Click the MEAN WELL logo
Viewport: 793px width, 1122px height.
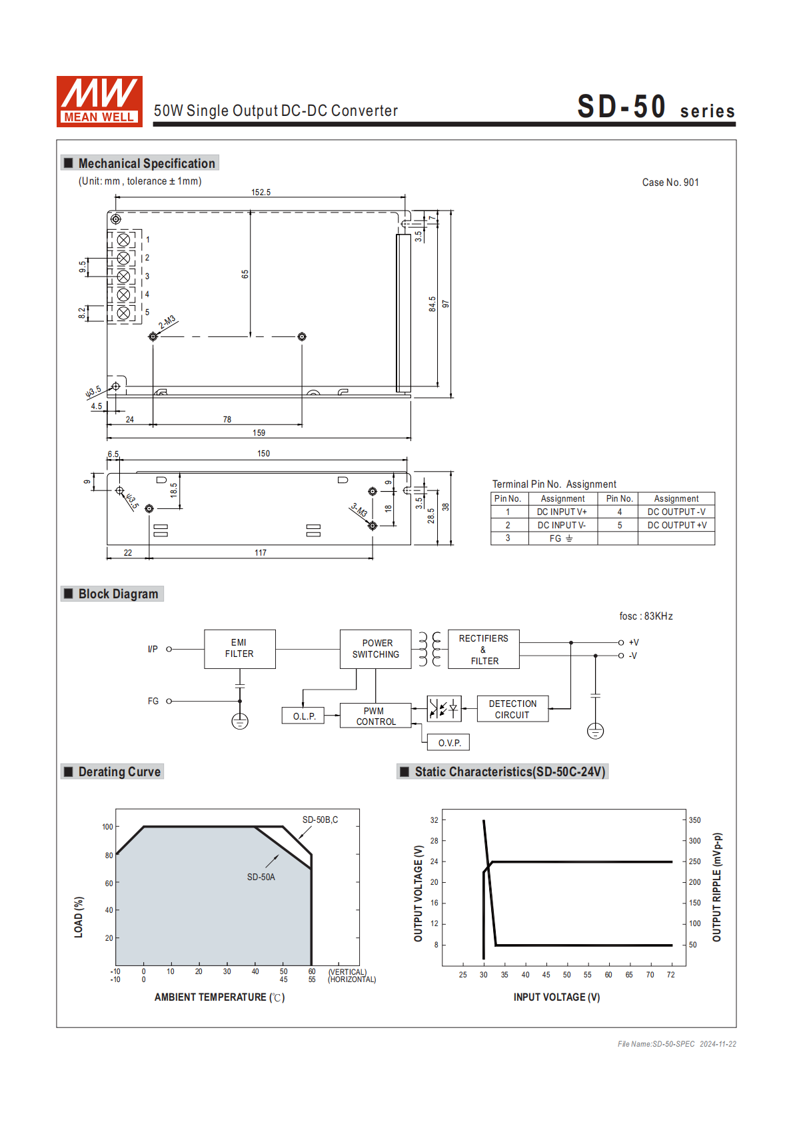coord(99,101)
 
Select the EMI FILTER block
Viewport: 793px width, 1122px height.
coord(239,648)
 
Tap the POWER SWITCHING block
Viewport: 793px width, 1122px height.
coord(375,648)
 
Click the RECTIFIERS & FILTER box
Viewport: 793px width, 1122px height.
coord(484,649)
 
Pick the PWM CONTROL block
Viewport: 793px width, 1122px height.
coord(375,716)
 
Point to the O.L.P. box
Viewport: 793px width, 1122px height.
coord(304,716)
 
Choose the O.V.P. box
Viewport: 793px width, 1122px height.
coord(449,742)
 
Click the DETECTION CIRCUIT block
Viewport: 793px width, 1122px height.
coord(512,709)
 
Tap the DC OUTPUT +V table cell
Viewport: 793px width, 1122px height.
coord(676,525)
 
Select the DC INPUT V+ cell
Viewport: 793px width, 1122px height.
coord(562,512)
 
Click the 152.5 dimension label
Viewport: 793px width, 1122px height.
coord(261,193)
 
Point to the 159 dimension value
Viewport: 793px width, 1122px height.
coord(259,433)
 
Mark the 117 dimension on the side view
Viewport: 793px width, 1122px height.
coord(260,553)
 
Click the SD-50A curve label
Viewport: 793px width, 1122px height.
coord(261,877)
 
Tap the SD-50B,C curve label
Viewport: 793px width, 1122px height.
coord(320,820)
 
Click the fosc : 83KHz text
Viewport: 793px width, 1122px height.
coord(646,616)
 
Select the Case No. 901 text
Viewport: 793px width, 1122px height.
coord(670,183)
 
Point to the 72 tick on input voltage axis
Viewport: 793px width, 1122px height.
coord(670,975)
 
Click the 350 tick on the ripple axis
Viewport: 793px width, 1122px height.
coord(694,820)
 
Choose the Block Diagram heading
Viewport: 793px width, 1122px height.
coord(118,594)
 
